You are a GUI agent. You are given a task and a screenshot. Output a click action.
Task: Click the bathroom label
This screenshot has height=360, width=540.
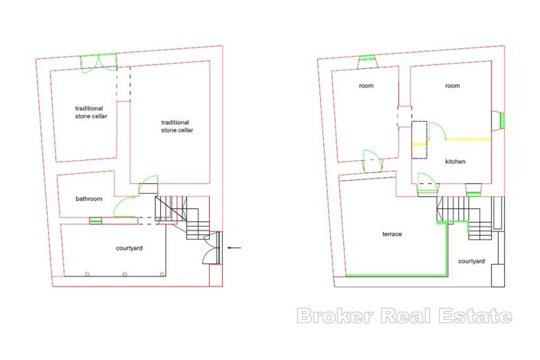coord(89,199)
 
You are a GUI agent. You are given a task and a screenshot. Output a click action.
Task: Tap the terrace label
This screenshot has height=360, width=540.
coord(392,234)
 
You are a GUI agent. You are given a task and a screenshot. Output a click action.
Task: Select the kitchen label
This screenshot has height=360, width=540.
coord(455,162)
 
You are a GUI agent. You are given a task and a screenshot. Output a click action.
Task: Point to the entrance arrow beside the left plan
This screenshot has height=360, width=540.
coord(234,247)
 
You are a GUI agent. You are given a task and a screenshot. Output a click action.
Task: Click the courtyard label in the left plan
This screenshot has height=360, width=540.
coord(129,248)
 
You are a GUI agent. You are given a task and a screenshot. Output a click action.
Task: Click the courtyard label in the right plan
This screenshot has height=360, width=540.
coord(472,261)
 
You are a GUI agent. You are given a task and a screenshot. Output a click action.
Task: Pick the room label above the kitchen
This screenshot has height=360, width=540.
coord(452,86)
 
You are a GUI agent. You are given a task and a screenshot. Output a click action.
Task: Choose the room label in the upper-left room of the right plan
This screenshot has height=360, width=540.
coord(366,86)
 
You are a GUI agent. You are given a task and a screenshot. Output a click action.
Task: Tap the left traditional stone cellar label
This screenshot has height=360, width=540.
coord(91,113)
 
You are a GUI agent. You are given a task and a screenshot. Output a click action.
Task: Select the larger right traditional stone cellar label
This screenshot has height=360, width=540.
coord(177,126)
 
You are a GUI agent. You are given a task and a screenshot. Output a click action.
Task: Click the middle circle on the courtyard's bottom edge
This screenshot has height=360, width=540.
coord(125,274)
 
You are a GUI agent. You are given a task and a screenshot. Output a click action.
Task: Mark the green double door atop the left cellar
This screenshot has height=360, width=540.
coord(99,62)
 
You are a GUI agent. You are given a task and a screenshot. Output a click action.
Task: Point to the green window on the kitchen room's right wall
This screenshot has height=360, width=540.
coord(502,120)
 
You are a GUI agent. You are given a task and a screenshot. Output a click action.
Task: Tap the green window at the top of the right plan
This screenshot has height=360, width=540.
coord(367,57)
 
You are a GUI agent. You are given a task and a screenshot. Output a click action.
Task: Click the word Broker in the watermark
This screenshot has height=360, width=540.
coord(335,316)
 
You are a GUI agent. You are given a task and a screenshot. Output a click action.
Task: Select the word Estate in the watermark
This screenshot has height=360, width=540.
coord(476,316)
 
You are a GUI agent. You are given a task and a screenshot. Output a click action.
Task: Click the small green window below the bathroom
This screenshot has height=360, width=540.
coord(96,220)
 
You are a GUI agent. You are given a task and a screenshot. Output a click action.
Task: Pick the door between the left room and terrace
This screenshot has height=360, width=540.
coord(373,161)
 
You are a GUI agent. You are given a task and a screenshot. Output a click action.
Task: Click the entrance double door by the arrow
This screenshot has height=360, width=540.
coord(214,247)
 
